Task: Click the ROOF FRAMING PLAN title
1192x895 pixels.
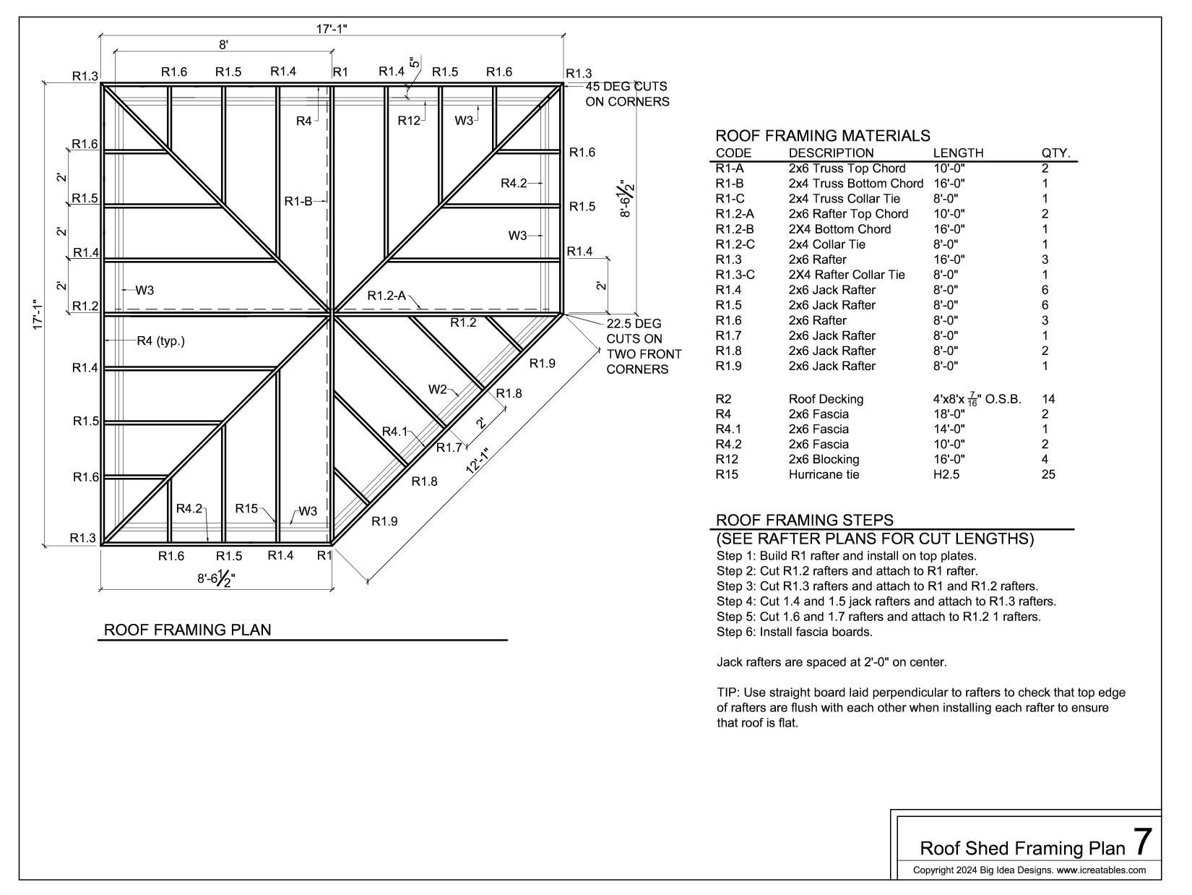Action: coord(188,630)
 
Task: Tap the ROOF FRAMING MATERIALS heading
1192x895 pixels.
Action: coord(822,136)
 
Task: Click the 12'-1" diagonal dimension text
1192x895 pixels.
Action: coord(478,461)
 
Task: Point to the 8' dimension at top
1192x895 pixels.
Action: coord(224,45)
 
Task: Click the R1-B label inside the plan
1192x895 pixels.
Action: coord(298,201)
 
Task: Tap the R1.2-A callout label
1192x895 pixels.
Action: coord(386,296)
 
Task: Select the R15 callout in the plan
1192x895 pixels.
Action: coord(246,508)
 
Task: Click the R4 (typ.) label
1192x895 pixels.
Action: coord(160,341)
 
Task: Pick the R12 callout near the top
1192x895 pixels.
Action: coord(409,121)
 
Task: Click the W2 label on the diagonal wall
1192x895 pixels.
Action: coord(438,390)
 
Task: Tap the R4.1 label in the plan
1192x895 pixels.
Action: coord(395,432)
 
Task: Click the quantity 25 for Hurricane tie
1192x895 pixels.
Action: coord(1048,474)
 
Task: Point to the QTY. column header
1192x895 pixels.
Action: coord(1055,153)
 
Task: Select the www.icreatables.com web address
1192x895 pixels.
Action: coord(1101,870)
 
